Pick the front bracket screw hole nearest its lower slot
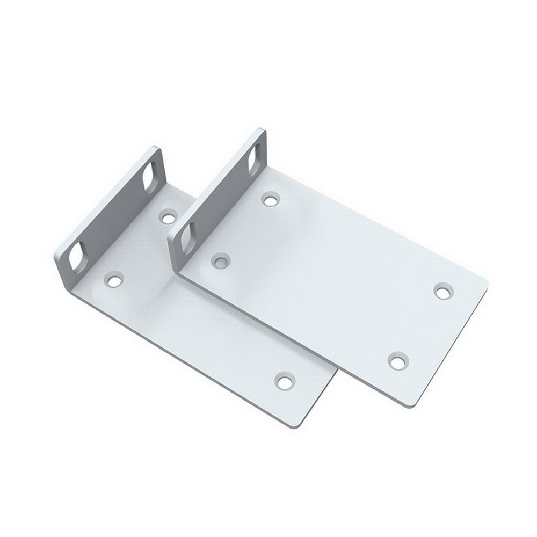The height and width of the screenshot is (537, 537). [220, 261]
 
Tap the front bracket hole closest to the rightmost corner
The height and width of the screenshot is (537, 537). [442, 291]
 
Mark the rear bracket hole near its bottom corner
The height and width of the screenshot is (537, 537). [283, 382]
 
